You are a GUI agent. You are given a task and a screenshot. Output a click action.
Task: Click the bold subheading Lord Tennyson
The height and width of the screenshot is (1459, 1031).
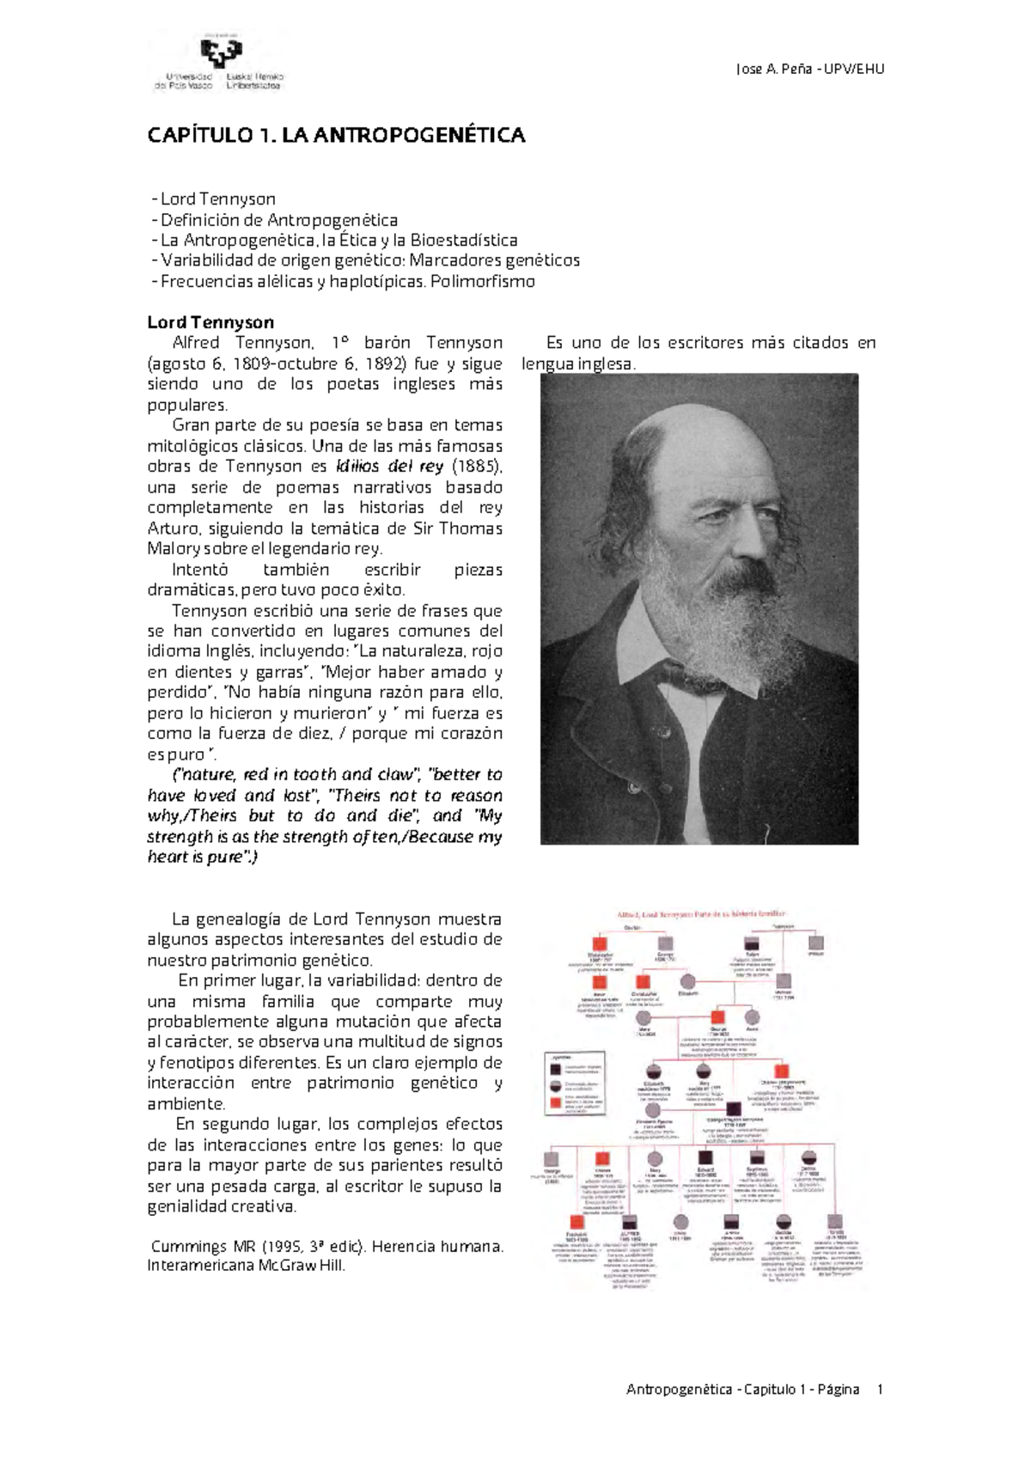[x=210, y=322]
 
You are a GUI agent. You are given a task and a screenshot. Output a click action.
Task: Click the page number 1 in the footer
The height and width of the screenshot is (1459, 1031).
[x=879, y=1389]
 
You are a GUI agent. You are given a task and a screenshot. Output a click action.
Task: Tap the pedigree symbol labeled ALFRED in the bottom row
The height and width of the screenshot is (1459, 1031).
[x=630, y=1222]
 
